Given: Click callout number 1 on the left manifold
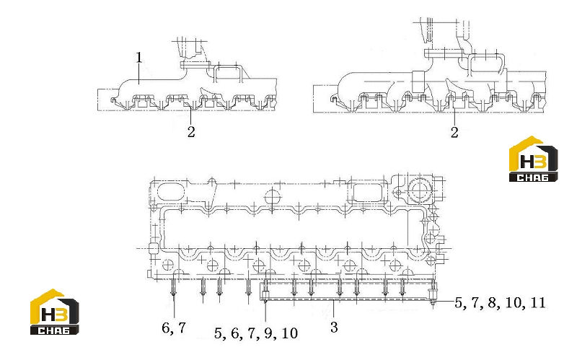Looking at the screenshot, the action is [x=138, y=58].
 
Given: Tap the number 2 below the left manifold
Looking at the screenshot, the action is [x=191, y=132].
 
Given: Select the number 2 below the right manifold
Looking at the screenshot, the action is [x=454, y=132].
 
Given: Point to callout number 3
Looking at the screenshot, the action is [x=334, y=327].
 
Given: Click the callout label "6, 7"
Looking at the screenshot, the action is [x=174, y=328].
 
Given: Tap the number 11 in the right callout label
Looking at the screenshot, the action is [x=537, y=302].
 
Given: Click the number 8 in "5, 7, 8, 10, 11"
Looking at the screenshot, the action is [x=493, y=302].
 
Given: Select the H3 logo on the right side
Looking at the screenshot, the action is [x=533, y=159].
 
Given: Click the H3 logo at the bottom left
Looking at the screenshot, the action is [x=55, y=312].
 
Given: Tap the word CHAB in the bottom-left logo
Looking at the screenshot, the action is [x=54, y=330].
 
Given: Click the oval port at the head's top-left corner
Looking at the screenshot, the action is [x=170, y=191].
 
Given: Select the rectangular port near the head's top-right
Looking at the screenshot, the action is [x=368, y=192].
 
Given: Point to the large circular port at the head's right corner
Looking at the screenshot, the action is [x=419, y=190].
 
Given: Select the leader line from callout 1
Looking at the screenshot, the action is [x=138, y=74].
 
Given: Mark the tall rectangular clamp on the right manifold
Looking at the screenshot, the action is [x=418, y=82].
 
